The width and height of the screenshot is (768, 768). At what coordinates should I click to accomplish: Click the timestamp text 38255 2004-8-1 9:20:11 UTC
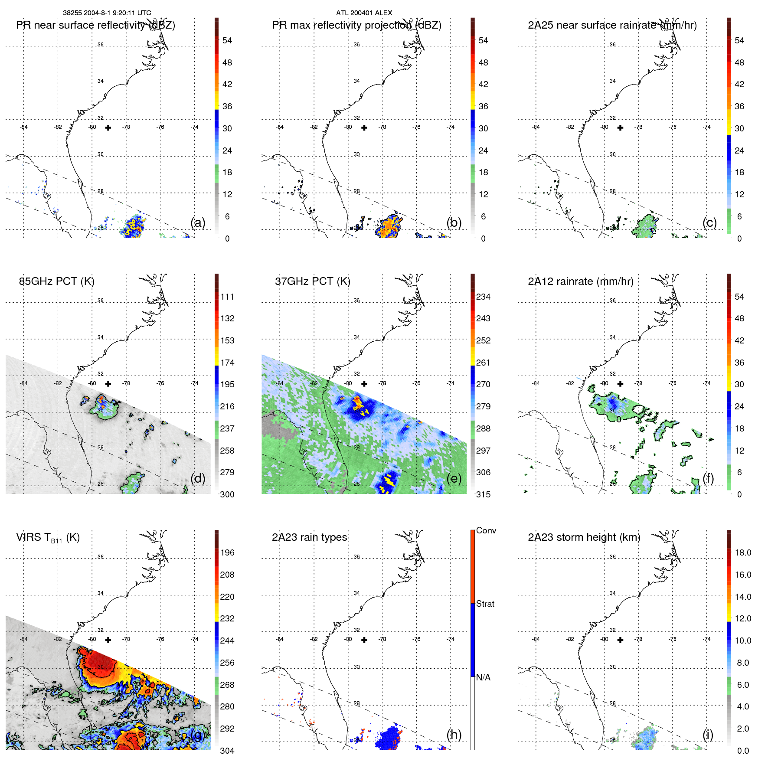coord(107,13)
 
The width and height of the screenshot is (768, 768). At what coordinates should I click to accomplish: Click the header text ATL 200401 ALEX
coord(364,13)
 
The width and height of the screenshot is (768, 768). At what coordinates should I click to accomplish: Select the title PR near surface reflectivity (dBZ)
coord(95,25)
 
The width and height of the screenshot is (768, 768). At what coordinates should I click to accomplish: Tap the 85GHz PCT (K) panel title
coord(56,281)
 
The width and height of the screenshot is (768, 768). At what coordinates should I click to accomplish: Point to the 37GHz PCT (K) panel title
coord(312,281)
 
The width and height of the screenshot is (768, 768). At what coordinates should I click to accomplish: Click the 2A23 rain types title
coord(309,537)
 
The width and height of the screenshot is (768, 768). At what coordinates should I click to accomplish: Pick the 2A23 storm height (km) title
coord(584,537)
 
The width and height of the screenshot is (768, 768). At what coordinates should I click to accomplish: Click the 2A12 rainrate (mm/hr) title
coord(580,281)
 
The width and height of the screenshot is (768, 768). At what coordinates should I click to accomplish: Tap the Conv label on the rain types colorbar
coord(486,530)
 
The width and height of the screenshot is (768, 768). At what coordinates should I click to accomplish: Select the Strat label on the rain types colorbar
coord(485,604)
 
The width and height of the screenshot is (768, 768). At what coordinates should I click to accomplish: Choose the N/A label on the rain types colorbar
coord(483,677)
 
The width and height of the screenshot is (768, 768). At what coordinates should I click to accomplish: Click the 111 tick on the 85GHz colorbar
coord(227,297)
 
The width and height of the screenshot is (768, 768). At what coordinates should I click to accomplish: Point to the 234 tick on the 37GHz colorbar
coord(483,297)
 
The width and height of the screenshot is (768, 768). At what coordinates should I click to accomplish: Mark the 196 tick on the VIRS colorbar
coord(227,552)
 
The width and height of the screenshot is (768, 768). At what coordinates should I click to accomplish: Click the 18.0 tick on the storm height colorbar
coord(743,552)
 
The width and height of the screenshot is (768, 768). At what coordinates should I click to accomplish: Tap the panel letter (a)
coord(198,222)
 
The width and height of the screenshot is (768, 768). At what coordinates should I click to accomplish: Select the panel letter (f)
coord(708,478)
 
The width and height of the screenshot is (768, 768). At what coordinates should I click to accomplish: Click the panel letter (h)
coord(454,734)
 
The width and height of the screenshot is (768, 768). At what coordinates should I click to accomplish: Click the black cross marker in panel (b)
coord(364,127)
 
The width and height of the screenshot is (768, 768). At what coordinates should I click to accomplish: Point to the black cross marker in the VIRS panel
coord(108,640)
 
